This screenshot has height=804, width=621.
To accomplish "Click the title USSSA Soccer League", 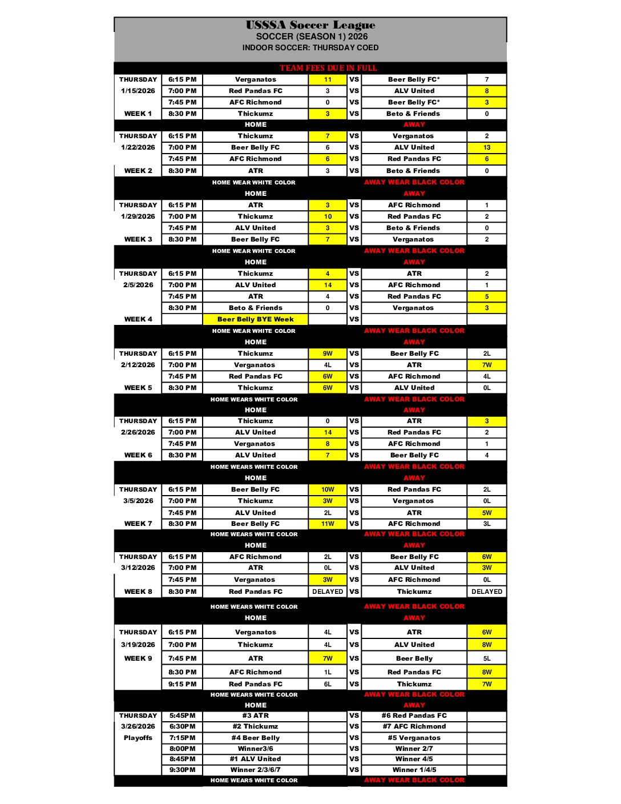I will click(310, 25).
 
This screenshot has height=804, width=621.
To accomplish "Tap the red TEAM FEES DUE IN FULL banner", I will click(328, 68).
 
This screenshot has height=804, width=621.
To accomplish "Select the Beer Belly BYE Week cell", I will click(255, 319).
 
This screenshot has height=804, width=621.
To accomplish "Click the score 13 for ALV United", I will click(486, 147).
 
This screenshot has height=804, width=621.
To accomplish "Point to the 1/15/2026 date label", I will click(138, 91).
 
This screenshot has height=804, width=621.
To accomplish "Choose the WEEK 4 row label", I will click(138, 319).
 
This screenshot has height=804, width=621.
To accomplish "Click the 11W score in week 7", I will click(328, 524).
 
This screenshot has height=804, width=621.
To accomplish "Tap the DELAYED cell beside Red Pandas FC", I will click(328, 592).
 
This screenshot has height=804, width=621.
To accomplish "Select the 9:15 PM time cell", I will click(182, 684).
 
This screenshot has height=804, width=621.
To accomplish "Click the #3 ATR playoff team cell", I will click(255, 715).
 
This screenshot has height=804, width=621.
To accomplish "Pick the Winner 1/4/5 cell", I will click(414, 770).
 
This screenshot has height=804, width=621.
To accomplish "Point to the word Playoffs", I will click(138, 738).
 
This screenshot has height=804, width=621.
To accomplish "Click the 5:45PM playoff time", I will click(182, 715).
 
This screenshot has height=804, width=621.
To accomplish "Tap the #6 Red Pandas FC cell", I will click(414, 715).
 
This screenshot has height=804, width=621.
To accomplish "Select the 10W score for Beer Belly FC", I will click(328, 489).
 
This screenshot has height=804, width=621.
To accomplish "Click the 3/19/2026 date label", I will click(138, 645).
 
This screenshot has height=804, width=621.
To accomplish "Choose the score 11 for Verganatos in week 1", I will click(328, 79).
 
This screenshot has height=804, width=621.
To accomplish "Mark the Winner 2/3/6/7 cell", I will click(255, 770).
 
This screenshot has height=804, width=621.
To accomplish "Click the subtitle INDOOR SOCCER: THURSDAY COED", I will click(310, 48).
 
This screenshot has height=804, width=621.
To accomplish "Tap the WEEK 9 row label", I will click(138, 658).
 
